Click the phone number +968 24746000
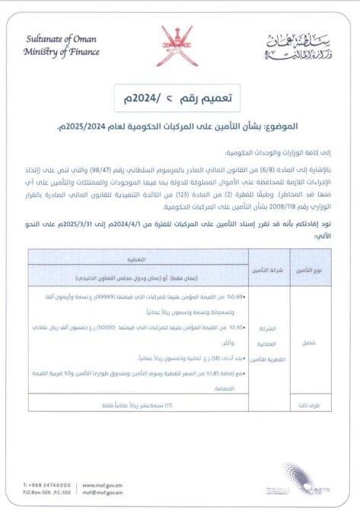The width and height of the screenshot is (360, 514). coord(50,484)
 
